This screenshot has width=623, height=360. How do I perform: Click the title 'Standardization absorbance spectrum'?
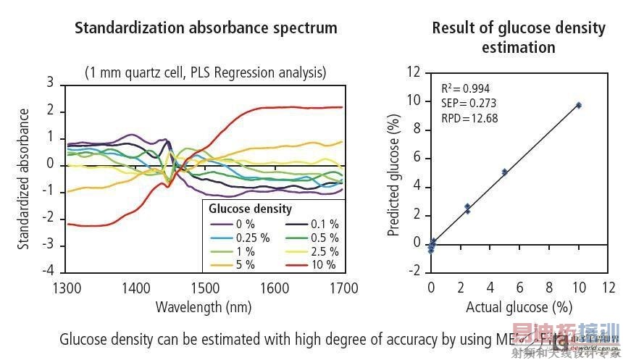pos(206,29)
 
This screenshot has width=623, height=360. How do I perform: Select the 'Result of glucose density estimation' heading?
pos(519,38)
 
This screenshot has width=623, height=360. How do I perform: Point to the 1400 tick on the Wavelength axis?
pos(135,288)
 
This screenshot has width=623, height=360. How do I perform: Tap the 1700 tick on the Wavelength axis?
pos(343,288)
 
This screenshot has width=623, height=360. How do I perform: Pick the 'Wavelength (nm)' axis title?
pos(204,307)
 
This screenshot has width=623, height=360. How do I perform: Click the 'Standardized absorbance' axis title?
pos(24,178)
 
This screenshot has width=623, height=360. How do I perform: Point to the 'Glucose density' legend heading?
pos(250,209)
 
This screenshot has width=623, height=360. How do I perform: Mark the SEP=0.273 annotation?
pos(467,103)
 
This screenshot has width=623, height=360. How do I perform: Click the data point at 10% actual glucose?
pos(578,105)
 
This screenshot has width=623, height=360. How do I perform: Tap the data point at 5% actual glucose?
pos(504,172)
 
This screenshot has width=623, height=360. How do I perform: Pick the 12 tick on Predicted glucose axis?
pos(414,72)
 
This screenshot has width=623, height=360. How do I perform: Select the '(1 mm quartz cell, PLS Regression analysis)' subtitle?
pos(205,72)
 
